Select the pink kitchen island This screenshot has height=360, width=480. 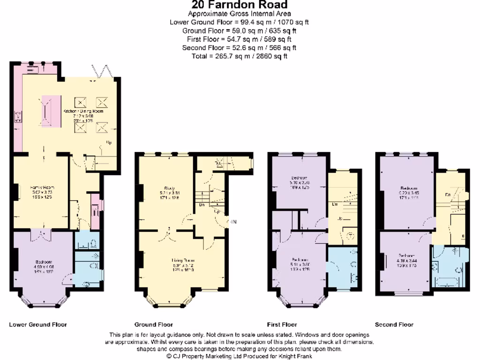tap(51, 111)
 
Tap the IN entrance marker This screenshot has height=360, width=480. tap(233, 222)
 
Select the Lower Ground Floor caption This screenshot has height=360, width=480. tap(38, 324)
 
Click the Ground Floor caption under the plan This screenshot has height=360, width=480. tap(154, 324)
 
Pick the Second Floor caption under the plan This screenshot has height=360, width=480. tap(394, 324)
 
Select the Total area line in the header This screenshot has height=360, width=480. tap(240, 56)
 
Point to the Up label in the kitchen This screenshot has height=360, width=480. tap(109, 142)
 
